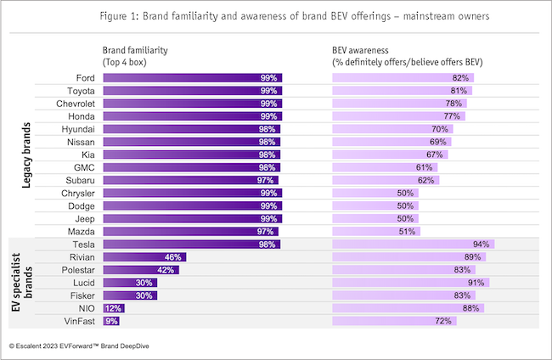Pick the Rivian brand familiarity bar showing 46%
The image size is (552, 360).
pyautogui.click(x=143, y=257)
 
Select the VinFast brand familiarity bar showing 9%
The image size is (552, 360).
pyautogui.click(x=110, y=321)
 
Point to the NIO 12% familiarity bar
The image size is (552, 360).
pyautogui.click(x=112, y=308)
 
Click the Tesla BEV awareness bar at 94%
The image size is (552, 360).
pyautogui.click(x=413, y=245)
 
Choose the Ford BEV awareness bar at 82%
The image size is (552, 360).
pyautogui.click(x=403, y=78)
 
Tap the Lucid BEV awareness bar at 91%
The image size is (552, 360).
pyautogui.click(x=410, y=283)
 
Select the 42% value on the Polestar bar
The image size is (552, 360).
pyautogui.click(x=166, y=270)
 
